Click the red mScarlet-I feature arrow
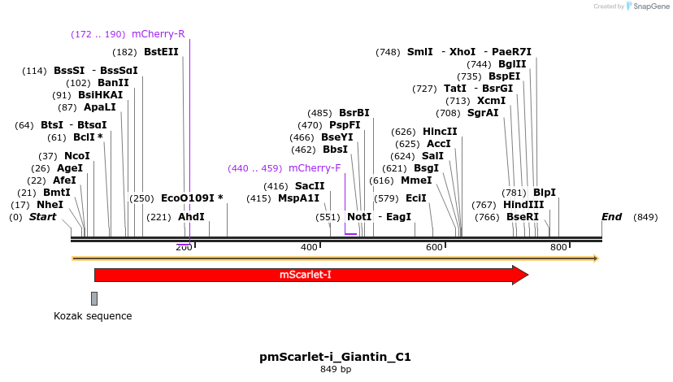309,275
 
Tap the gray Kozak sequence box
94,298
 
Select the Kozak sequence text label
93,316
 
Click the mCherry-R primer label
158,34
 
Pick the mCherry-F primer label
314,168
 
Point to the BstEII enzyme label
161,51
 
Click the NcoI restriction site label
77,156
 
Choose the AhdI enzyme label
191,217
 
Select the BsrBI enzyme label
354,113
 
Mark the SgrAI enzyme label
483,113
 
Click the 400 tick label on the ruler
309,247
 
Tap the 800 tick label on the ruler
558,247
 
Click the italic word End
611,217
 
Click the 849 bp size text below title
336,370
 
